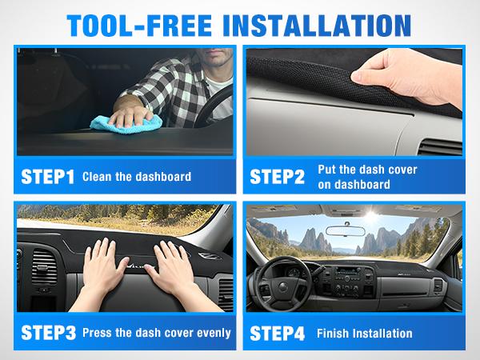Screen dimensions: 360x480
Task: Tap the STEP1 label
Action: click(x=46, y=176)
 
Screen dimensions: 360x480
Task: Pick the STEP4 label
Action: click(x=278, y=332)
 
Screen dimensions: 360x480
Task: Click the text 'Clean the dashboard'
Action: click(x=137, y=176)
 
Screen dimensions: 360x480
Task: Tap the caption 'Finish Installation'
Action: click(x=364, y=333)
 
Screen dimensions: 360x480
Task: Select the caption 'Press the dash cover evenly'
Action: click(x=157, y=333)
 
